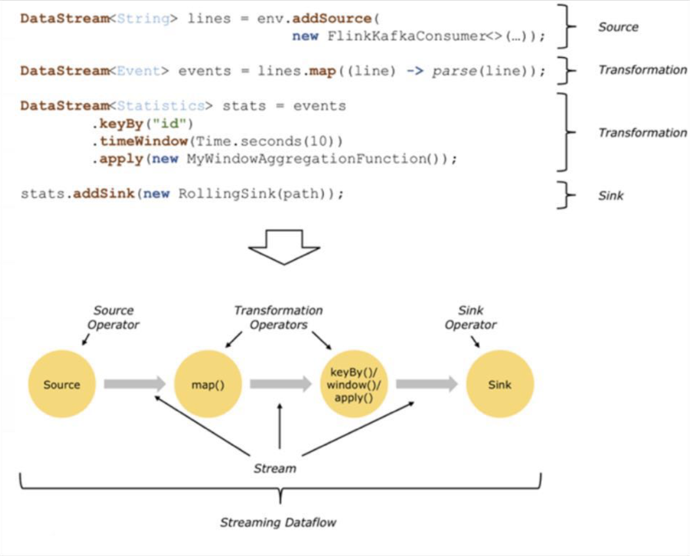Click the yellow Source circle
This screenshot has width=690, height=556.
point(62,385)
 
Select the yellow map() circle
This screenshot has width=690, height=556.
point(208,385)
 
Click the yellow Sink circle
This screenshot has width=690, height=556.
point(499,385)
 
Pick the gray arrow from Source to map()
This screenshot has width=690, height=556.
point(135,384)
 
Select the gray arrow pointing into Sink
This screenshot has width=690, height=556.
point(427,384)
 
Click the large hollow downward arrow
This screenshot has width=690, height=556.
point(284,246)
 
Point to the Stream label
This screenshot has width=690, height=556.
point(274,469)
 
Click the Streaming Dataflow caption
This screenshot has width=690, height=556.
point(278,522)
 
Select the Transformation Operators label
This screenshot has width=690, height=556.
point(278,317)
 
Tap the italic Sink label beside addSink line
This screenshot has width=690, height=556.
point(611,196)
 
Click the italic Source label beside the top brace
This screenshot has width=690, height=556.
point(618,27)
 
